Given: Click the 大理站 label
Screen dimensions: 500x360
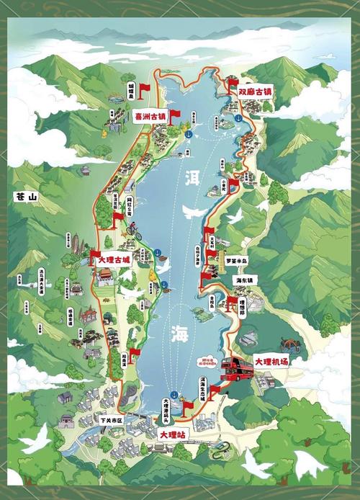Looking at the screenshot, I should point(173,435).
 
